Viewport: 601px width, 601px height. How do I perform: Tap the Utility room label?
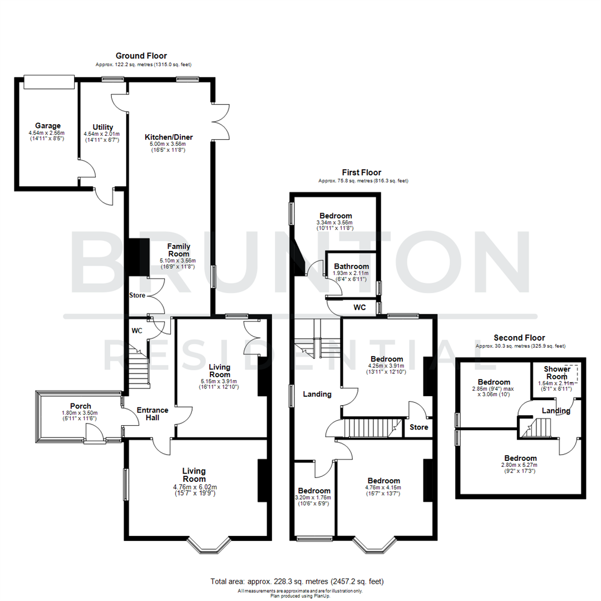[x=103, y=127]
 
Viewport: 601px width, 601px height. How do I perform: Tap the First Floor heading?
[x=362, y=173]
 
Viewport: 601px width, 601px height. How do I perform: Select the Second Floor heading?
[x=519, y=338]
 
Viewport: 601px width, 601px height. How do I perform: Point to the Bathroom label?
[x=351, y=267]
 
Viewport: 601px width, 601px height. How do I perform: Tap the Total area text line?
[x=297, y=581]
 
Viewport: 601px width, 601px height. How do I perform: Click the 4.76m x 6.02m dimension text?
[x=194, y=487]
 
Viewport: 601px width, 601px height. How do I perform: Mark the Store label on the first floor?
[x=418, y=427]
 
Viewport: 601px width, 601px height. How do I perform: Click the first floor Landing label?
[x=317, y=394]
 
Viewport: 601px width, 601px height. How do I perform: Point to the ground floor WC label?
[x=137, y=331]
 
